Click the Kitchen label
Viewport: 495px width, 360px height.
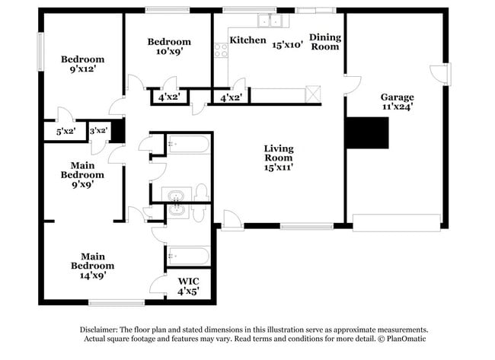[247, 40]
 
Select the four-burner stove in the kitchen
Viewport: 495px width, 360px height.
[221, 51]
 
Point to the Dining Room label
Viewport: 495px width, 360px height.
[324, 42]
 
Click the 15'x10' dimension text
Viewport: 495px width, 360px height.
[288, 44]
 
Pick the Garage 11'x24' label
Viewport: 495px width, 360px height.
[397, 102]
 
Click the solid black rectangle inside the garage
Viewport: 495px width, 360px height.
[367, 133]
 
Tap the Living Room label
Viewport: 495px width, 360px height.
[279, 154]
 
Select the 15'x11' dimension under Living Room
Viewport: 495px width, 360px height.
[279, 165]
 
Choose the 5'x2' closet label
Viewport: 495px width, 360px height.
[65, 132]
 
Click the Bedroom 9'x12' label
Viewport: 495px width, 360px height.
[82, 64]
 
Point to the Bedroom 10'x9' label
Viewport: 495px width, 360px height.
[169, 46]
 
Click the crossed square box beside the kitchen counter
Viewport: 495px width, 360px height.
[313, 94]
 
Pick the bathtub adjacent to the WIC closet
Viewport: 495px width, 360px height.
[187, 256]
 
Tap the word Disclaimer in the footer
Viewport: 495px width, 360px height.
[81, 329]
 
